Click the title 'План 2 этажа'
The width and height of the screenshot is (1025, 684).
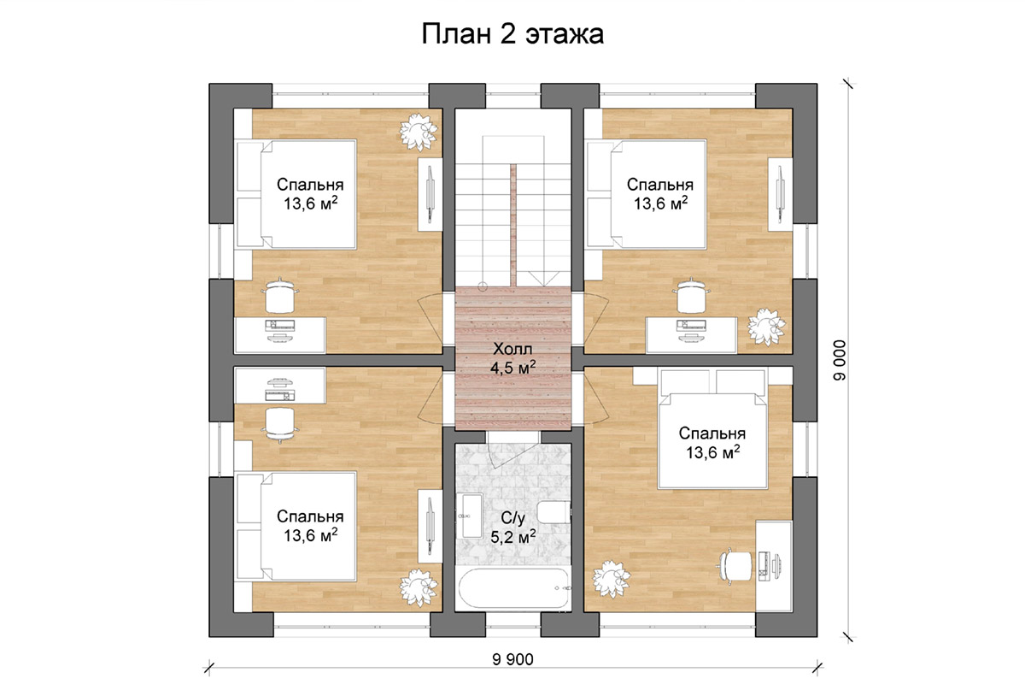coord(512,34)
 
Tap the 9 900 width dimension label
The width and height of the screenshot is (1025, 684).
coord(512,659)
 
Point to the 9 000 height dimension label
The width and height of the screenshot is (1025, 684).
coord(840,360)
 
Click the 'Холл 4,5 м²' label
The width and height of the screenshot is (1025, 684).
coord(513,358)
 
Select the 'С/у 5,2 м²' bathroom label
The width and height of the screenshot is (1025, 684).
coord(513,528)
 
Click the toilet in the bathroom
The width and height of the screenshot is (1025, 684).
coord(553,512)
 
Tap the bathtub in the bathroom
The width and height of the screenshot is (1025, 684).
coord(514,588)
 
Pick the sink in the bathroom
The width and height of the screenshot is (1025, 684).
coord(471,516)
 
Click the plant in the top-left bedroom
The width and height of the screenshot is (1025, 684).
coord(418,133)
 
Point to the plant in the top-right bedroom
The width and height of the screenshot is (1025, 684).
coord(766,327)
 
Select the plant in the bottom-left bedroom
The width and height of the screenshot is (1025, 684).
coord(418,587)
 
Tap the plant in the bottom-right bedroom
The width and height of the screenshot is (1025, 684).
coord(612,579)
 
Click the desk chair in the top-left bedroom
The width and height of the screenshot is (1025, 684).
coord(280,295)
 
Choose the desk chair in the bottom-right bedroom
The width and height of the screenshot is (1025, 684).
coord(735,566)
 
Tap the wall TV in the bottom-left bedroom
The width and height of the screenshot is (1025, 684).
coord(430,527)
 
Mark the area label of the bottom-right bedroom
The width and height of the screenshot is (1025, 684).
coord(712,452)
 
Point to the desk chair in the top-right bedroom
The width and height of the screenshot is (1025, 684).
coord(691,295)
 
